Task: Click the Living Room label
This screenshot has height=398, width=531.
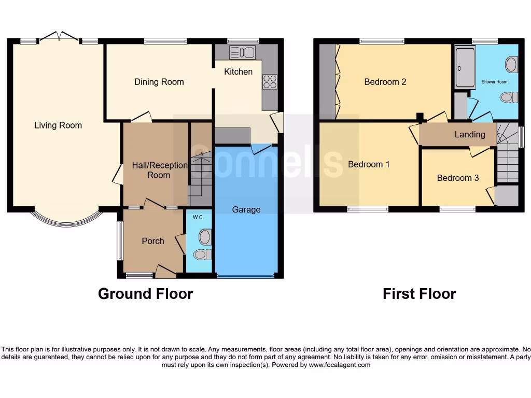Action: (58, 125)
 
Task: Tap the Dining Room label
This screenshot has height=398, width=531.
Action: (159, 82)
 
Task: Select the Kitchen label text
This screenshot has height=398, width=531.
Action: (238, 72)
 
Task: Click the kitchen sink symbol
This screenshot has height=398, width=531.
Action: (242, 52)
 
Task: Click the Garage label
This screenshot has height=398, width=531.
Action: (246, 210)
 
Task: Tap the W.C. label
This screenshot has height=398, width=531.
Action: (198, 217)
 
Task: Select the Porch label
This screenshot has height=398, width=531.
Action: (153, 241)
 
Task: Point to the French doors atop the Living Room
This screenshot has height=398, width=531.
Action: (59, 36)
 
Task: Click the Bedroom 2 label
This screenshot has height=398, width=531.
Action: (385, 82)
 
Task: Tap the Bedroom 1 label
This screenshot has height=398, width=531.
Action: (369, 164)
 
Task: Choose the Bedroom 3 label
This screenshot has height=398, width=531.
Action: (458, 178)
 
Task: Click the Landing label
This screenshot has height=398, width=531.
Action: (470, 135)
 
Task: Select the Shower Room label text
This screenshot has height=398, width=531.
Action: (494, 82)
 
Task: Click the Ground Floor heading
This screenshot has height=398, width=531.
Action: (145, 294)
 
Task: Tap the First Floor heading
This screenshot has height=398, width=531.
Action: (419, 294)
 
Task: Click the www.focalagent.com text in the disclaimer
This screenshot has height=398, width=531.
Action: (340, 365)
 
